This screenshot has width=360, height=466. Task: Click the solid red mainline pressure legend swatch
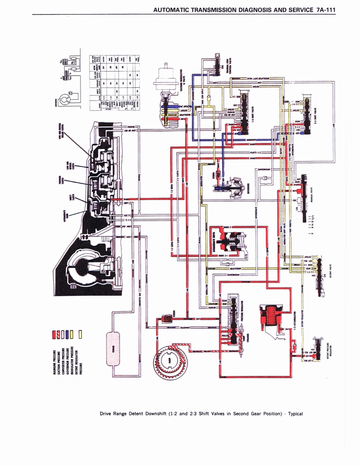pyautogui.click(x=55, y=334)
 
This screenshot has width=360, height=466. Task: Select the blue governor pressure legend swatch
pyautogui.click(x=67, y=334)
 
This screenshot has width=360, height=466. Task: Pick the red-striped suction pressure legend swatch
pyautogui.click(x=59, y=334)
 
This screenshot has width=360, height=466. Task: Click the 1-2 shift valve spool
pyautogui.click(x=244, y=114)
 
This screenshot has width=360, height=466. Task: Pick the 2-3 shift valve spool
pyautogui.click(x=308, y=116)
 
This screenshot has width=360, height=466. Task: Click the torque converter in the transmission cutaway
pyautogui.click(x=86, y=268)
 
